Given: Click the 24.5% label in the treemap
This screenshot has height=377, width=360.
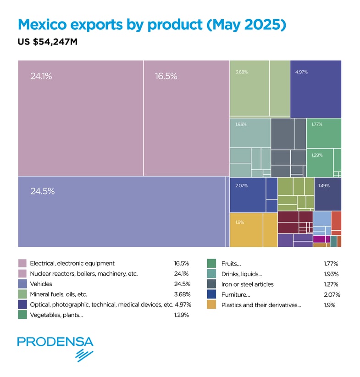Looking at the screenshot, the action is [x=42, y=191].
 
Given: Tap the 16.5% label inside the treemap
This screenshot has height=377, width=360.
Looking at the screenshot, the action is [x=166, y=76].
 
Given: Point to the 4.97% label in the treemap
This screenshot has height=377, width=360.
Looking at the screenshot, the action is [x=301, y=72].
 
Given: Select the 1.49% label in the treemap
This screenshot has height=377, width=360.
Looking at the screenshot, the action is [x=324, y=186].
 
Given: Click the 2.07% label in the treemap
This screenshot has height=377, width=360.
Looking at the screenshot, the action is [x=241, y=186].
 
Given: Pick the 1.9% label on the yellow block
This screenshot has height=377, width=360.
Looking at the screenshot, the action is [x=239, y=222].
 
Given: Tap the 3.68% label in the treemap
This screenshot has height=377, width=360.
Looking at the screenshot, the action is [x=241, y=72].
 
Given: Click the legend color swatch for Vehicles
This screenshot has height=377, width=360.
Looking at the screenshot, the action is [x=22, y=284].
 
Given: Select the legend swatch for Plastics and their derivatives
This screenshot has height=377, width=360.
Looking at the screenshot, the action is [x=211, y=305].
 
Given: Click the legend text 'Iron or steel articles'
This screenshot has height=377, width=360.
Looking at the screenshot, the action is [x=248, y=284].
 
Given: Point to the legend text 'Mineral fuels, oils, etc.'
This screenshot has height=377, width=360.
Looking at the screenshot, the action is [x=58, y=294].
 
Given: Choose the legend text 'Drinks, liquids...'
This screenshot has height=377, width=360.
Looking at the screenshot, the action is [x=242, y=274].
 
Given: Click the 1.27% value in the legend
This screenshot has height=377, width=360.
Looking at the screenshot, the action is [x=331, y=284].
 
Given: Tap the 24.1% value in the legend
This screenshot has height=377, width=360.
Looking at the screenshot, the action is [x=181, y=274].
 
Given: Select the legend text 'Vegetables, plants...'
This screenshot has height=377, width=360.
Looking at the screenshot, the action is [x=56, y=315].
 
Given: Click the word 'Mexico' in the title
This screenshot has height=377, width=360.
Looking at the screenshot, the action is [x=42, y=24].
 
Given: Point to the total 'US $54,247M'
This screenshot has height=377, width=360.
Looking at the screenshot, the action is [x=48, y=42].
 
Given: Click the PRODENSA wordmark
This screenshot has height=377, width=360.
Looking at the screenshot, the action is [x=55, y=342].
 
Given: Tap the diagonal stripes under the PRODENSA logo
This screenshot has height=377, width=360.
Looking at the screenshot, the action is [x=84, y=355].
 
